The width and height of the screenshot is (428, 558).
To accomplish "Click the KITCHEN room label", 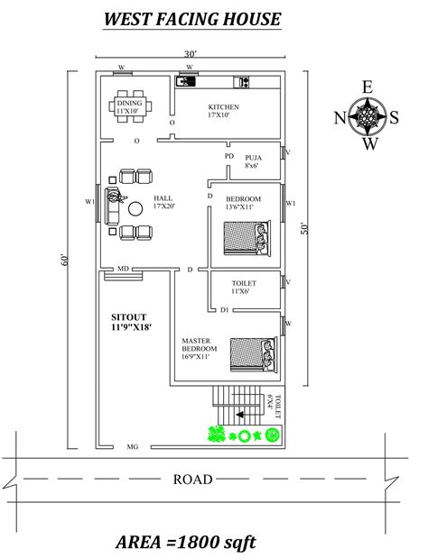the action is (223, 107).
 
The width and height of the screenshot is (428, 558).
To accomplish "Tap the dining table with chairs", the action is (130, 106).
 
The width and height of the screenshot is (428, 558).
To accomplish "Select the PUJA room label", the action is (254, 158).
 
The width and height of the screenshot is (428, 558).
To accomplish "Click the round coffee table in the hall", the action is (135, 209).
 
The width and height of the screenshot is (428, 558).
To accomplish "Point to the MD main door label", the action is (123, 269).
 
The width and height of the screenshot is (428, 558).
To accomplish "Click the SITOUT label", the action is (128, 317).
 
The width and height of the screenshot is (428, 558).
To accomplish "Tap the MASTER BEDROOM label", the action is (200, 344).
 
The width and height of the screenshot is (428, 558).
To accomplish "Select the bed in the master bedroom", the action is (254, 354).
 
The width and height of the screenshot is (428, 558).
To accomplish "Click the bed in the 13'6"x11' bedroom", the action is (247, 238).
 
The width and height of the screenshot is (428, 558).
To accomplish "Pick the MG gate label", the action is (133, 446).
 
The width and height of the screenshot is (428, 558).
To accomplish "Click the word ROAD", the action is (193, 480).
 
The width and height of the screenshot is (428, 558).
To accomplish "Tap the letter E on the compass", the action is (368, 87).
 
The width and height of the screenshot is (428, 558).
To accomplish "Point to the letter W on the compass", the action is (370, 144).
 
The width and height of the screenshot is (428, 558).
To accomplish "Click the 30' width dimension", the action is (191, 54).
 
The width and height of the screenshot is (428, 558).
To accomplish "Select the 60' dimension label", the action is (64, 260).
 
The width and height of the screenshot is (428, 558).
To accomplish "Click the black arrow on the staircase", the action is (240, 415).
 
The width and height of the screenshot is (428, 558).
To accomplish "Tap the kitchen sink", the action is (186, 81).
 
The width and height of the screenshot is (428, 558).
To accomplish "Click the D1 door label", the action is (224, 310).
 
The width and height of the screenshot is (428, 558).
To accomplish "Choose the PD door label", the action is (229, 156).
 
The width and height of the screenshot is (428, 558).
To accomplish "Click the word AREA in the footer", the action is (139, 542).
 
